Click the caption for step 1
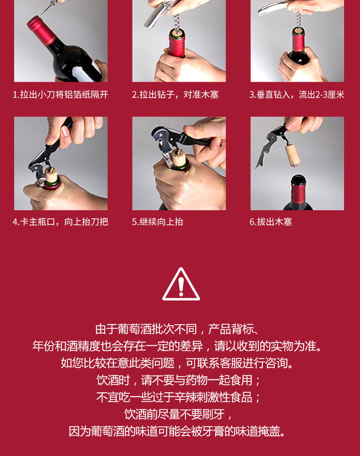pos(61,95)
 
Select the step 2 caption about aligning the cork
pos(175,95)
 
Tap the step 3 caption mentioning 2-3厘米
pos(297,95)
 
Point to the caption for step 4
pos(61,222)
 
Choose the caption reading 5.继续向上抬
pos(157,222)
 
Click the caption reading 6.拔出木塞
pos(271,222)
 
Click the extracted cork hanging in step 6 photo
pos(292,155)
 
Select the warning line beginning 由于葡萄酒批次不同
pos(177,329)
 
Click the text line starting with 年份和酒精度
pos(177,346)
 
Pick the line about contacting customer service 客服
pos(177,363)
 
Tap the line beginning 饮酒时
pos(179,380)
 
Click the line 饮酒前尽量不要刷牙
pos(179,414)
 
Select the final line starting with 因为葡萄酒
pos(177,431)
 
